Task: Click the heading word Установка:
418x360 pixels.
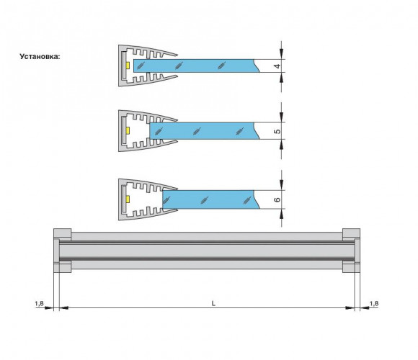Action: [40, 56]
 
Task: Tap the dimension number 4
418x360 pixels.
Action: [277, 66]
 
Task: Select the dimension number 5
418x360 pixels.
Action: [277, 131]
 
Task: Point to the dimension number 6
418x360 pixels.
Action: [277, 199]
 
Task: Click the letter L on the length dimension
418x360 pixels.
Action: [213, 303]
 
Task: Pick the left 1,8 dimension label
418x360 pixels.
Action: [39, 304]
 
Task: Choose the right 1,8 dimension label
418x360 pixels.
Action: [374, 304]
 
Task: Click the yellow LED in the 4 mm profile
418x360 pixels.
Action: [128, 66]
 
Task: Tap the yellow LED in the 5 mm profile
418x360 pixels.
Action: [128, 131]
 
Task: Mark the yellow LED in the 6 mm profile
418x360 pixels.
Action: [128, 199]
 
